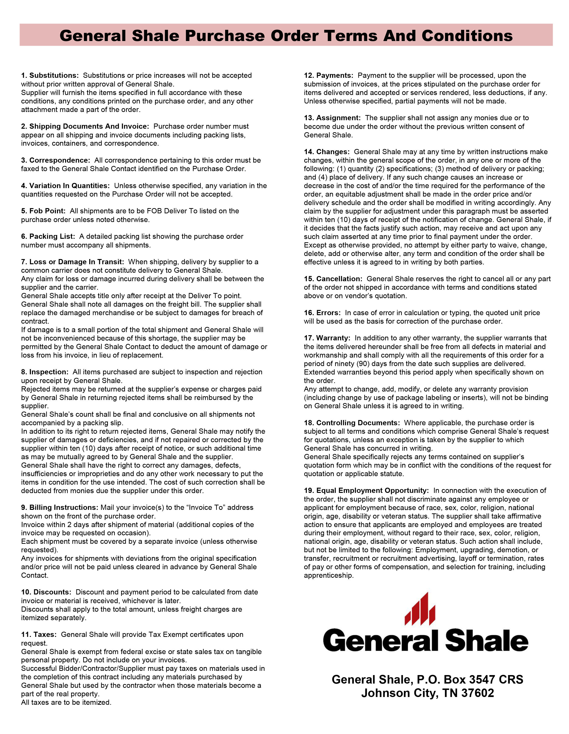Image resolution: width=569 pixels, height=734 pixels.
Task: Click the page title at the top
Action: pos(286,36)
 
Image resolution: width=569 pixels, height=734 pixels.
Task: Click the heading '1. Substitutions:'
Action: pos(50,75)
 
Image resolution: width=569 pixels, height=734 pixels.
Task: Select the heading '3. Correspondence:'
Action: pos(55,160)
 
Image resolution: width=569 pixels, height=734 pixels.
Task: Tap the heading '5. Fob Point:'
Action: pos(43,211)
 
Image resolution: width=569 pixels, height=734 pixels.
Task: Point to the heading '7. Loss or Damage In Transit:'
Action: pos(73,262)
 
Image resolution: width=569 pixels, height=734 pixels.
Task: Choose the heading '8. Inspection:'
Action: pos(45,372)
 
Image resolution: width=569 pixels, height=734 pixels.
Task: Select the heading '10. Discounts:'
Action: pos(46,592)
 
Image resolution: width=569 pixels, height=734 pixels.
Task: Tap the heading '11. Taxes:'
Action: pos(39,635)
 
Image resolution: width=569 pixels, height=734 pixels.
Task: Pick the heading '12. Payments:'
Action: pos(328,75)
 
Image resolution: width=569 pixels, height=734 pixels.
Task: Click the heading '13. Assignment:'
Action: pos(332,118)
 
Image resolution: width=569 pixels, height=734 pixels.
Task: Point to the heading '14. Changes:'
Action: pos(327,152)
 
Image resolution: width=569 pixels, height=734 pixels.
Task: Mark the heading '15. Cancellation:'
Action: pos(333,279)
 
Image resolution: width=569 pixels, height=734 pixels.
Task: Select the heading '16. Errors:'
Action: pos(322,313)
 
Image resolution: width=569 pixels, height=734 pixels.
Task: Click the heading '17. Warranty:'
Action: pos(327,338)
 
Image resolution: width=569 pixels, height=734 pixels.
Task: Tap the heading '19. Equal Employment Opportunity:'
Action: pos(366,491)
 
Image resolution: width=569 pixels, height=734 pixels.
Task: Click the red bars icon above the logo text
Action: pos(420,609)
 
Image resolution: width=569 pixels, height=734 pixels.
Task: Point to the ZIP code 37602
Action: pos(478,693)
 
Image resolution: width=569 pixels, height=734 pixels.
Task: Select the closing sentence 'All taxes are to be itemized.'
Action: pos(66,702)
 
